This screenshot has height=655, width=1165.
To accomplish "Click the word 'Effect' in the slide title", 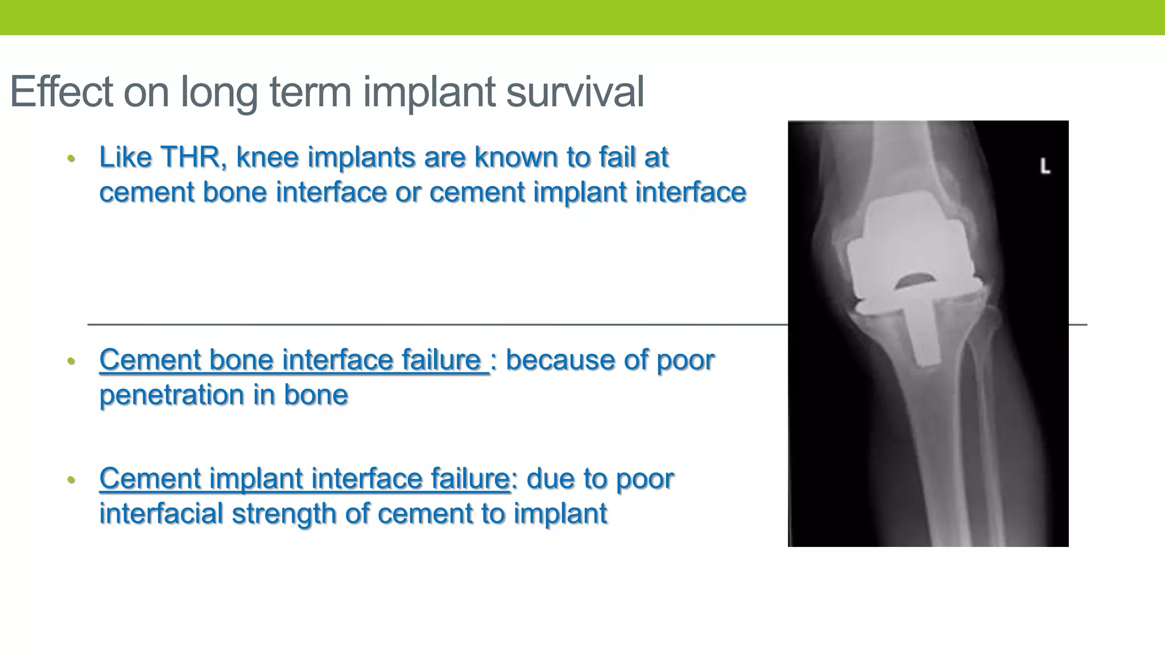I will [61, 92].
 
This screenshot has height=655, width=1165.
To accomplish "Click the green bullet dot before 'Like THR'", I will [71, 159].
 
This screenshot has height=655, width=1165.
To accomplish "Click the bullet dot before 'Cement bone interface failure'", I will [71, 361].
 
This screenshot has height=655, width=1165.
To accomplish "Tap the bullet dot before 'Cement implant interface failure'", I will [71, 480].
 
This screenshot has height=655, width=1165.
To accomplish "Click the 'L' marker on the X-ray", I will [1045, 167].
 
